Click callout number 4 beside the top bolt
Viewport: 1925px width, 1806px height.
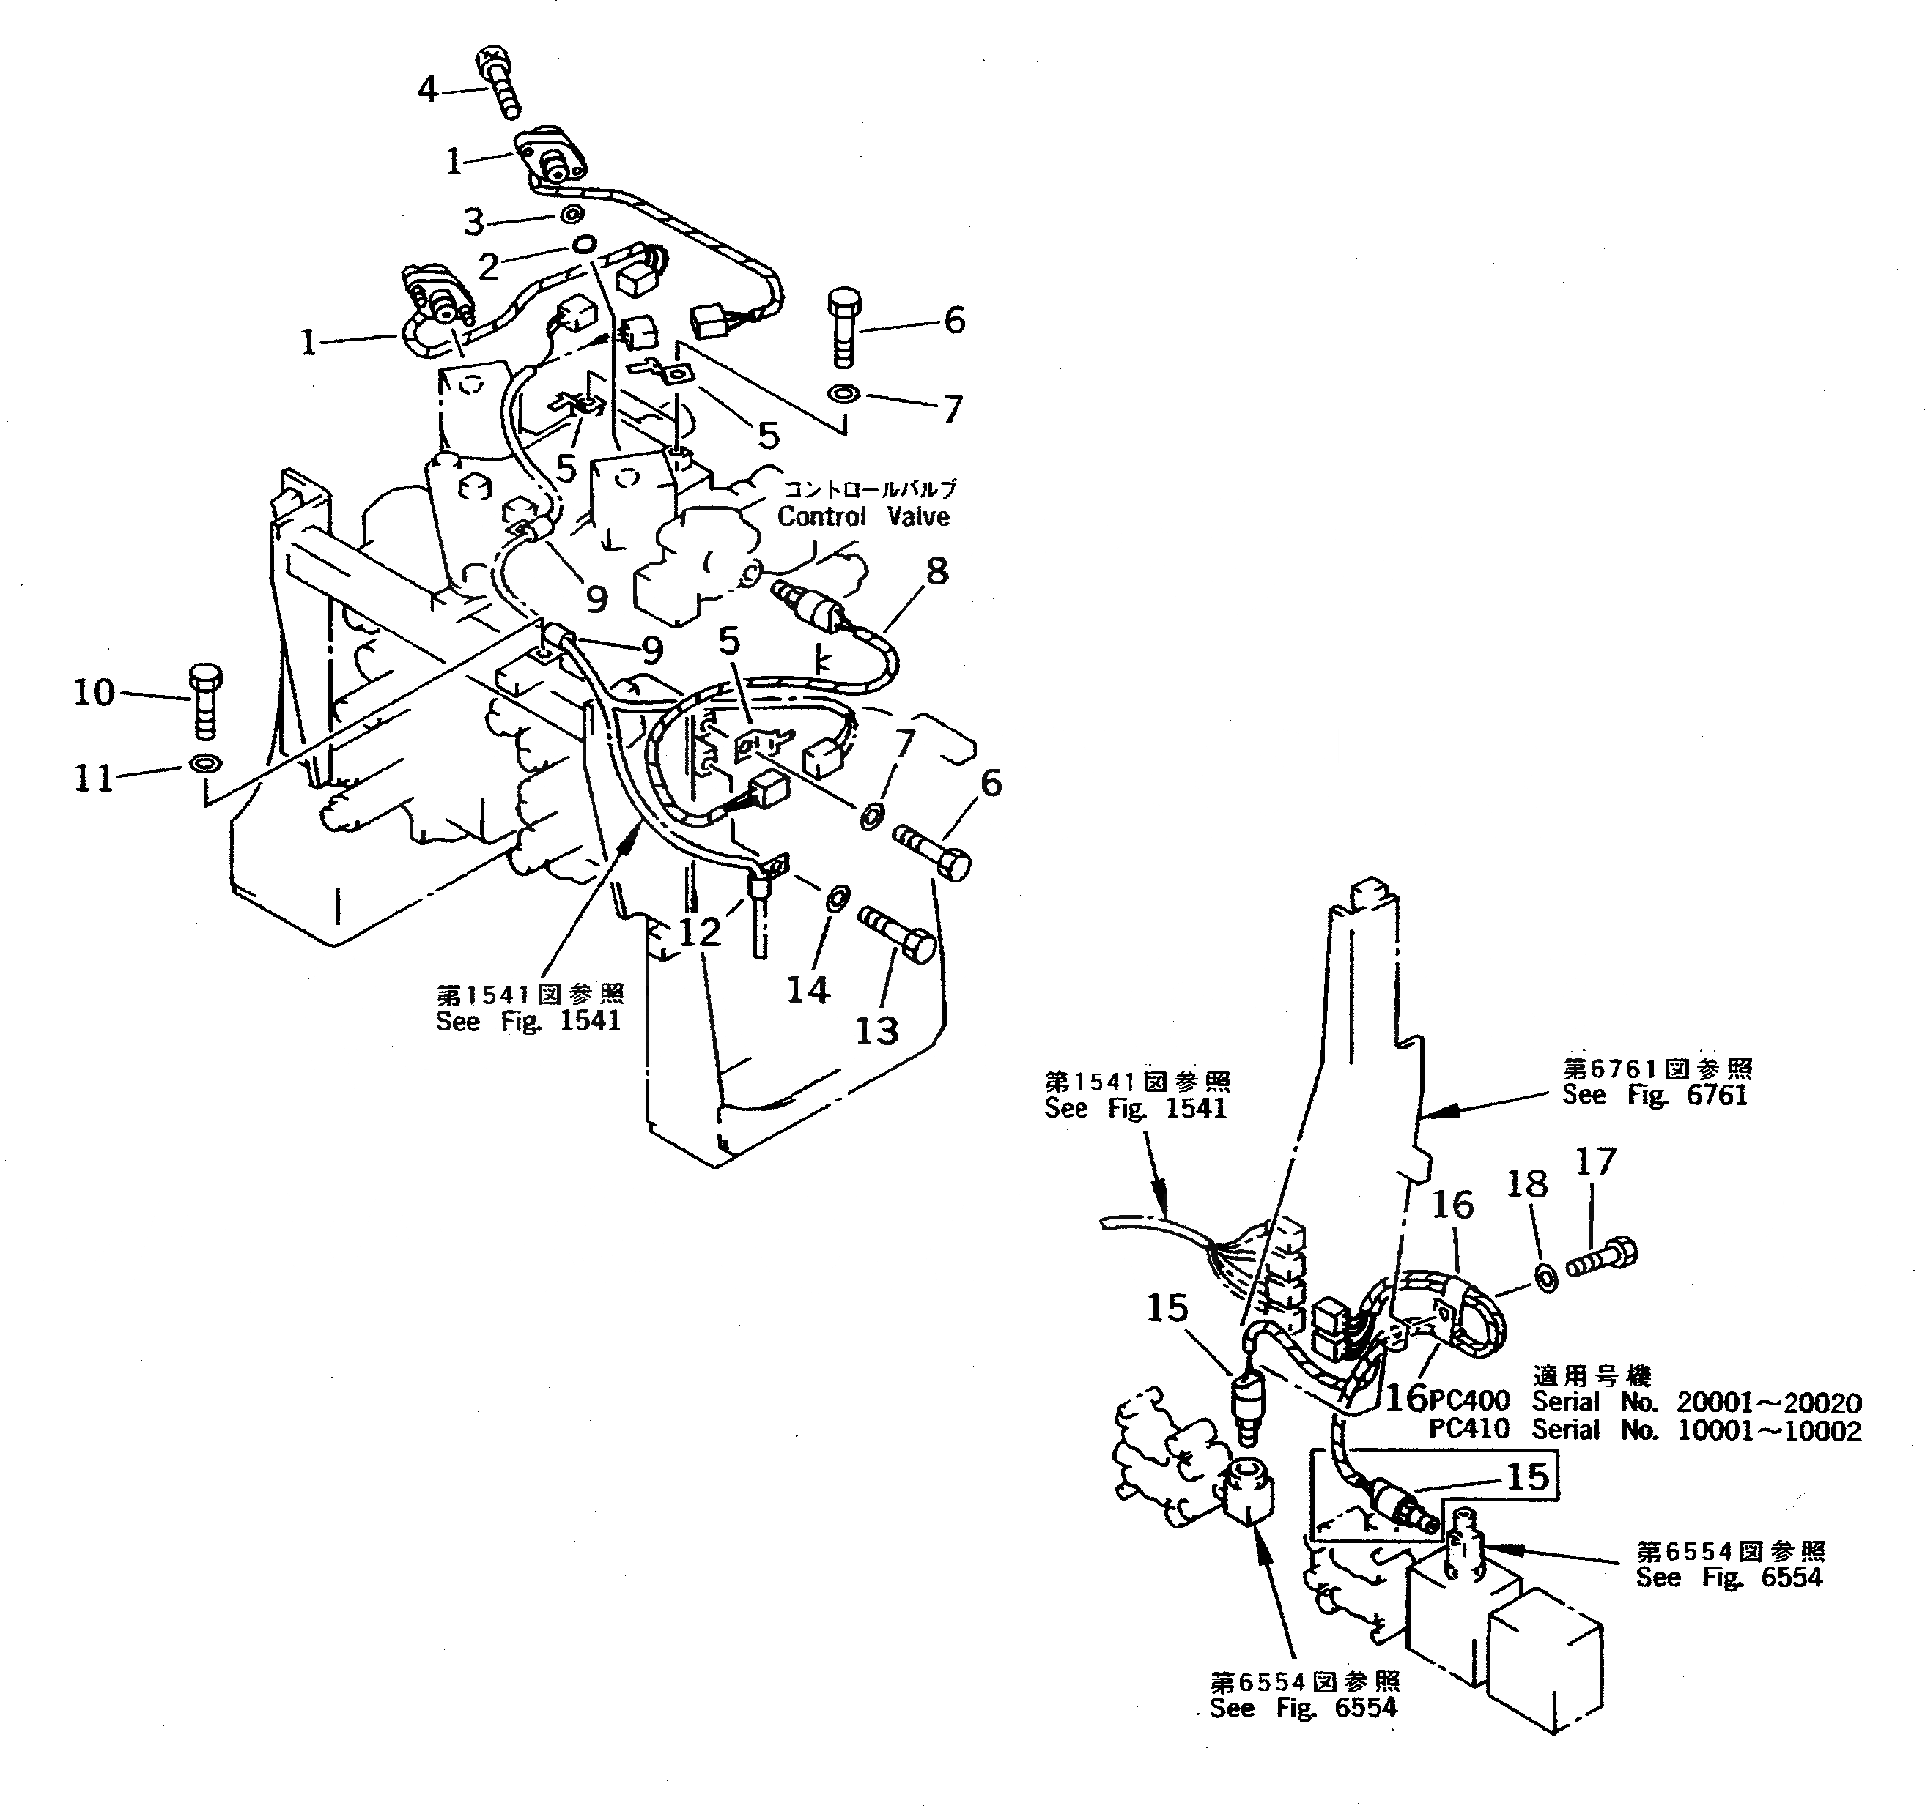point(427,90)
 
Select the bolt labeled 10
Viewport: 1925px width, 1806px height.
point(204,702)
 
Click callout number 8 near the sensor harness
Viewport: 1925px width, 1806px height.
point(936,572)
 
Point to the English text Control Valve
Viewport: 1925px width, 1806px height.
point(862,517)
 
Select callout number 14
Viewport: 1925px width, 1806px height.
point(808,990)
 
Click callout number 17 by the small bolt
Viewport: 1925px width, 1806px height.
point(1596,1162)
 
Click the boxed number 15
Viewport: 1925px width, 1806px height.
point(1527,1477)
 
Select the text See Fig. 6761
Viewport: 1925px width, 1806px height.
point(1654,1095)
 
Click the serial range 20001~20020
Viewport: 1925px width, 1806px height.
point(1768,1402)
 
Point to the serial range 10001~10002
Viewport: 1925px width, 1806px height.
point(1768,1430)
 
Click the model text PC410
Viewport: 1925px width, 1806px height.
point(1469,1430)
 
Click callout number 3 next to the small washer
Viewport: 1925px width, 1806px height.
point(473,222)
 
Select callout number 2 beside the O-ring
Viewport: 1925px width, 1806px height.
point(488,266)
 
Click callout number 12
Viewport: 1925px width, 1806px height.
point(699,932)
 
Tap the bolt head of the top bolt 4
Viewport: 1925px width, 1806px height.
point(491,64)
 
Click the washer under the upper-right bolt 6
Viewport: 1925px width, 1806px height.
point(843,394)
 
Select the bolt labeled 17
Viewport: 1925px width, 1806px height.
point(1603,1259)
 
